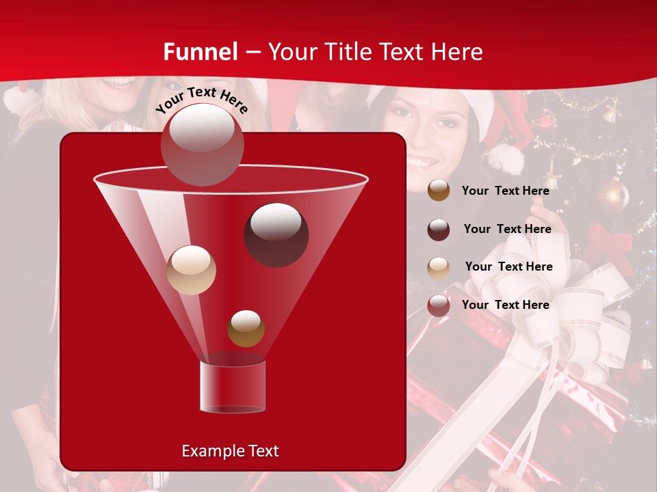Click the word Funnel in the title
pos(200,52)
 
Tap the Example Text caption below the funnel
pos(230,451)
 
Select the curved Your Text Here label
pos(202,100)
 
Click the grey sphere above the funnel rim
pos(202,144)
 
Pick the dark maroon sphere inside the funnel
pos(276,235)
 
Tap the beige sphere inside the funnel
pos(192,270)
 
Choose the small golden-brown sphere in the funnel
pos(246,329)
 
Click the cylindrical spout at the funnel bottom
pos(233,387)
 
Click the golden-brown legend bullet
pos(439,191)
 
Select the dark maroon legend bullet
pos(439,230)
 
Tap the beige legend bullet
pos(439,268)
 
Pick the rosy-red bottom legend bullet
pos(439,305)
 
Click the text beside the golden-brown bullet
pos(505,191)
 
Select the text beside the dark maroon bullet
pos(507,229)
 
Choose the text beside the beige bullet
pos(508,266)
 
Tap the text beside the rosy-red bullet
pos(505,305)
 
